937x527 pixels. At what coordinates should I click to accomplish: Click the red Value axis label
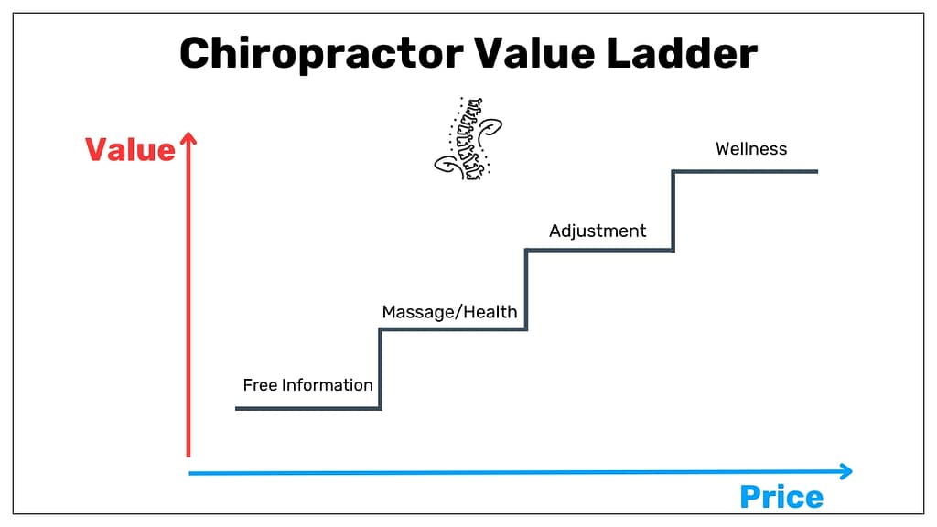(130, 149)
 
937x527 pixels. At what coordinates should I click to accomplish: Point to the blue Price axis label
(781, 497)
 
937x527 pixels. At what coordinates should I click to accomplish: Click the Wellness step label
(751, 149)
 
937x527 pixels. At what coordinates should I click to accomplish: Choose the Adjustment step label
(598, 231)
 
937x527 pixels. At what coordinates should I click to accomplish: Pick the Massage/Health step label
(449, 312)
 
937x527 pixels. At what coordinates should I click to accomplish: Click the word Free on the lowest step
(260, 385)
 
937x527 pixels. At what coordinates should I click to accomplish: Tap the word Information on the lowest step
(327, 385)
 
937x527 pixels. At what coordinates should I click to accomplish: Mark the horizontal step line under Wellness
(745, 171)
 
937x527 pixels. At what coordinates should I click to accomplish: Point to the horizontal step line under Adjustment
(599, 250)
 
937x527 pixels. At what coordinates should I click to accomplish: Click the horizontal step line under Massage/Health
(453, 328)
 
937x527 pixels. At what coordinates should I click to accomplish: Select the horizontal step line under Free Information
(307, 408)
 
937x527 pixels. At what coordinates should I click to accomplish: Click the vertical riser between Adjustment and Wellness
(673, 210)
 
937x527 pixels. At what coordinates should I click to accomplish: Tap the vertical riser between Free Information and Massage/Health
(380, 369)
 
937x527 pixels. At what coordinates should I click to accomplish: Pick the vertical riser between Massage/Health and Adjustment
(526, 289)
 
